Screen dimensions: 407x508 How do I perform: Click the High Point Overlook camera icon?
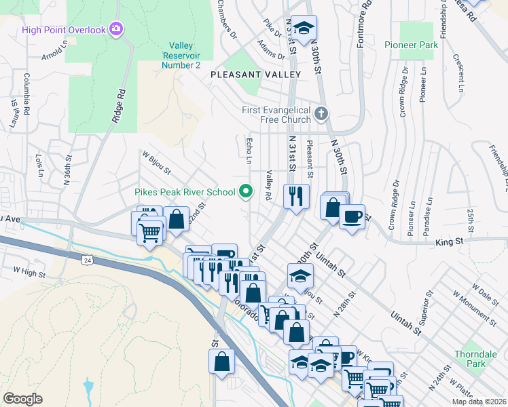(x=117, y=29)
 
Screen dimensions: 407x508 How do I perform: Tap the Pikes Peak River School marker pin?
(x=247, y=193)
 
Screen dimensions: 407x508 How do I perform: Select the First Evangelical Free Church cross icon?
(x=322, y=112)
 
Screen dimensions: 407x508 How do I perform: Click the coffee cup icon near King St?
(x=352, y=217)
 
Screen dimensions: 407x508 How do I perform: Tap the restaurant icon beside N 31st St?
(x=296, y=197)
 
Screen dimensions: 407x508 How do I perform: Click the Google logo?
(x=22, y=398)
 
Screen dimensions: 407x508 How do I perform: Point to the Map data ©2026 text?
(x=479, y=401)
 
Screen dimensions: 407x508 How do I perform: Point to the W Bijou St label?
(x=157, y=163)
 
